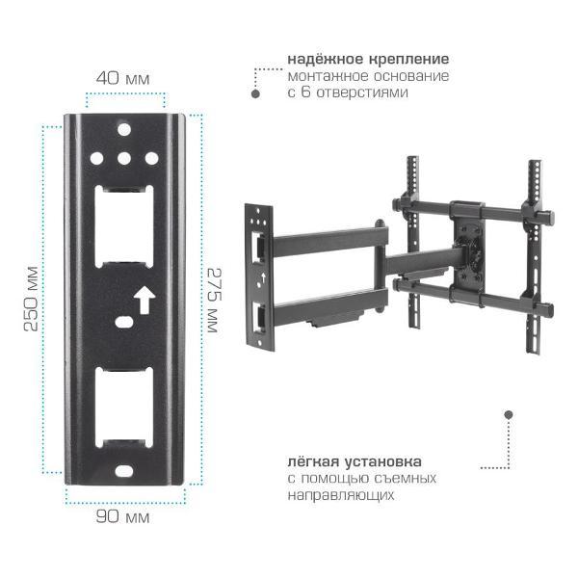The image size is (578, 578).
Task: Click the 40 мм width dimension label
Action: pos(122,79)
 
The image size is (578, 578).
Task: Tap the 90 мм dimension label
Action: pos(122,516)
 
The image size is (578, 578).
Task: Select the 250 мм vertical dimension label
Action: pos(31,299)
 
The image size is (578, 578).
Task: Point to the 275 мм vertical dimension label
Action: pos(214,301)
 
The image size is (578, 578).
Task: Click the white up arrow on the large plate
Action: pos(144,300)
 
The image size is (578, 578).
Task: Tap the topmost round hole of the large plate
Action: pos(124,130)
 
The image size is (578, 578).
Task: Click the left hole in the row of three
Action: pos(96,159)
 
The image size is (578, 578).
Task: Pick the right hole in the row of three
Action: pos(151,159)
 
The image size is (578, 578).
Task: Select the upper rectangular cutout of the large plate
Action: pos(124,226)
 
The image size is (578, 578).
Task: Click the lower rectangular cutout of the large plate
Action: pos(124,407)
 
